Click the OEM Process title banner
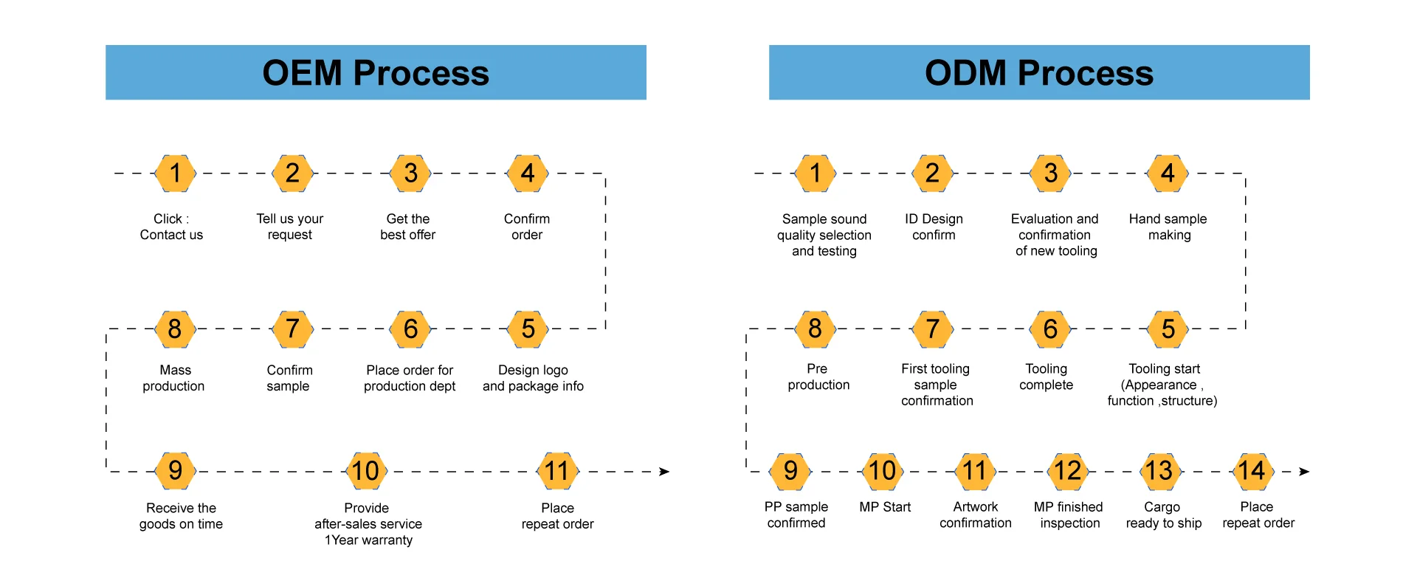tap(376, 72)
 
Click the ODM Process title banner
tap(1039, 72)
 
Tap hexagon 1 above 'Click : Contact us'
tap(175, 173)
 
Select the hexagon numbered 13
tap(1159, 471)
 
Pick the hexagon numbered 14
tap(1252, 471)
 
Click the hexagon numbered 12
tap(1067, 471)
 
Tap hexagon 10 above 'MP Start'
tap(883, 471)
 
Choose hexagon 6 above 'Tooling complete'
tap(1050, 329)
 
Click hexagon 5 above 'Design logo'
tap(528, 329)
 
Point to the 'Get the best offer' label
tap(408, 227)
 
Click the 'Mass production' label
tap(174, 378)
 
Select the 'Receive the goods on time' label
tap(181, 516)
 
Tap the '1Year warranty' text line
tap(368, 540)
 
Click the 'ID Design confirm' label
tap(934, 227)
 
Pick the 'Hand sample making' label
tap(1168, 227)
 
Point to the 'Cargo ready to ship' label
tap(1164, 515)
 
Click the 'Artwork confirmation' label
tap(976, 515)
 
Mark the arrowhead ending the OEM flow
tap(664, 472)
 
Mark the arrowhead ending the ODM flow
tap(1304, 472)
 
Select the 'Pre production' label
tap(818, 377)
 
